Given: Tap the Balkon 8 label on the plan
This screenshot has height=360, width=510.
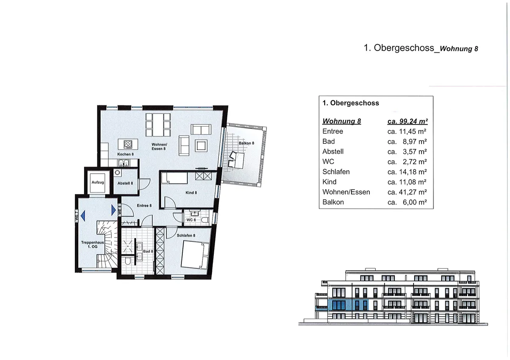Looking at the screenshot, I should click(246, 143).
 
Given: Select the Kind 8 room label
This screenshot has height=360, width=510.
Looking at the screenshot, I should click(191, 193).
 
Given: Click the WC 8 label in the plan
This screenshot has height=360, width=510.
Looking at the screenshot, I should click(191, 220).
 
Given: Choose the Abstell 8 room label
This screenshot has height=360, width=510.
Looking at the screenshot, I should click(125, 183).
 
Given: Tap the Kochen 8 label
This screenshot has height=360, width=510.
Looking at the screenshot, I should click(126, 154).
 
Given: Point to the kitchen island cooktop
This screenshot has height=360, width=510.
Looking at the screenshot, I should click(127, 144).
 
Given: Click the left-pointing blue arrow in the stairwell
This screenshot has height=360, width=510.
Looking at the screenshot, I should click(84, 215).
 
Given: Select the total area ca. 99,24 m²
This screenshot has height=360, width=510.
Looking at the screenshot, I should click(407, 121).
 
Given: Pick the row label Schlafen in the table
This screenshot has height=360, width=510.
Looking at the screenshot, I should click(336, 172).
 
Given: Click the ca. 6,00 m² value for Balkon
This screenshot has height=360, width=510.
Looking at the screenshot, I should click(407, 202).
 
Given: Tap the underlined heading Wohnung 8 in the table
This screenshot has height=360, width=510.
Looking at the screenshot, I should click(342, 121).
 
